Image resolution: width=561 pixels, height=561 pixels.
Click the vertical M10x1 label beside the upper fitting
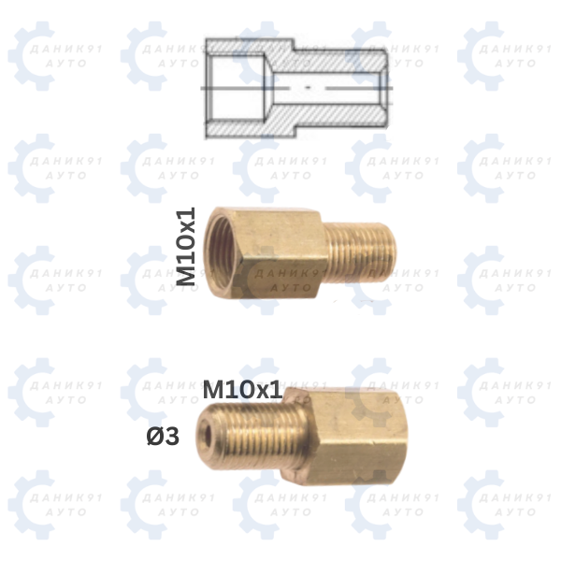click(x=187, y=246)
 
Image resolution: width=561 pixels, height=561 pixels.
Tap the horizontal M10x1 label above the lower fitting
click(x=242, y=389)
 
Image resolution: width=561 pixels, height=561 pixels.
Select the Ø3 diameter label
click(x=163, y=437)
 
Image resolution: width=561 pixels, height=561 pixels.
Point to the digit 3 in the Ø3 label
click(x=172, y=437)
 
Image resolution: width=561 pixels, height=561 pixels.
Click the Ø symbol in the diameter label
click(x=155, y=437)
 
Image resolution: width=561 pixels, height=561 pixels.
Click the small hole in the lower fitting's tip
click(x=208, y=435)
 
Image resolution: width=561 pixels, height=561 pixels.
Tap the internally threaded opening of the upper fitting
click(x=224, y=251)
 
